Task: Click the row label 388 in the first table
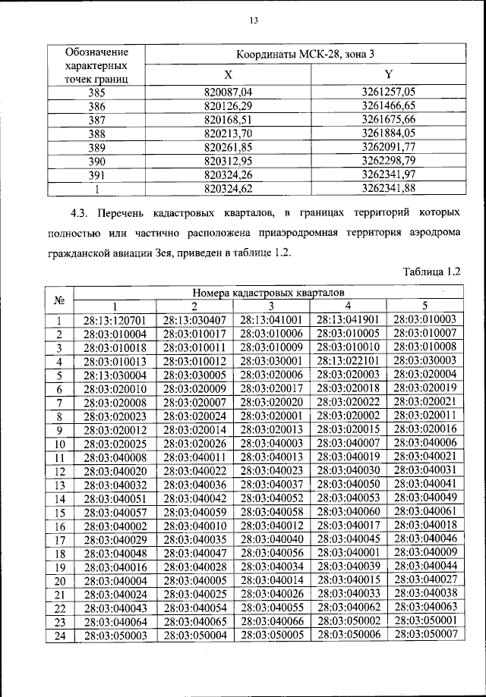[96, 133]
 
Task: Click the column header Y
[390, 75]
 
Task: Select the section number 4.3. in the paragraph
[80, 209]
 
